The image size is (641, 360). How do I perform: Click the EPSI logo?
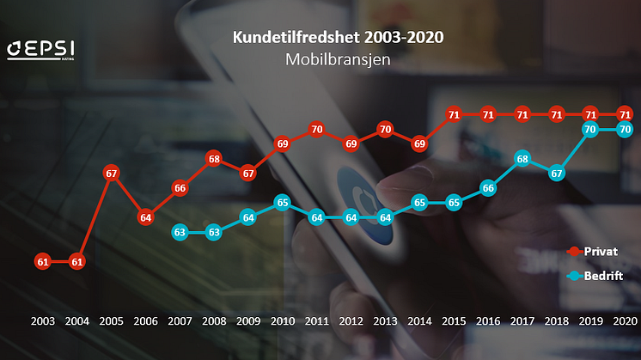(x=38, y=50)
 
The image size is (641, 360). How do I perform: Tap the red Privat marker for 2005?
(x=111, y=173)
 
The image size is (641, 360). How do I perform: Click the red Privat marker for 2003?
(x=43, y=260)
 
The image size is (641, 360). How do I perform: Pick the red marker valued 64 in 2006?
(x=145, y=217)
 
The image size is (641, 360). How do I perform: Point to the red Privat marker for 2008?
(x=214, y=159)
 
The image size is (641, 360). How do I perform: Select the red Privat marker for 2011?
(x=316, y=130)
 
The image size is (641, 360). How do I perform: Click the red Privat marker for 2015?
(x=454, y=114)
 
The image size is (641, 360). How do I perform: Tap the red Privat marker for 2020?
(x=626, y=114)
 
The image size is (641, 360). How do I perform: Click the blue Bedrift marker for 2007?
(x=180, y=232)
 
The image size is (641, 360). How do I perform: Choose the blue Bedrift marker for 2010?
(x=282, y=203)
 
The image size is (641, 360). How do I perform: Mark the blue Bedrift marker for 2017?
(x=522, y=159)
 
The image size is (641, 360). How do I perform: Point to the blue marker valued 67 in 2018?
(x=556, y=173)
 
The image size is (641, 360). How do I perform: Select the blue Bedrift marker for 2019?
(x=590, y=130)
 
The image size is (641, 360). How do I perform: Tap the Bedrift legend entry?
(x=599, y=276)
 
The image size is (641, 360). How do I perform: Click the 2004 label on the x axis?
(x=76, y=320)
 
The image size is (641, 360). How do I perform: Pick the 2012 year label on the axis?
(x=351, y=320)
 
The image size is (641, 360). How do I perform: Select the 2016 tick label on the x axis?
(x=487, y=320)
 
